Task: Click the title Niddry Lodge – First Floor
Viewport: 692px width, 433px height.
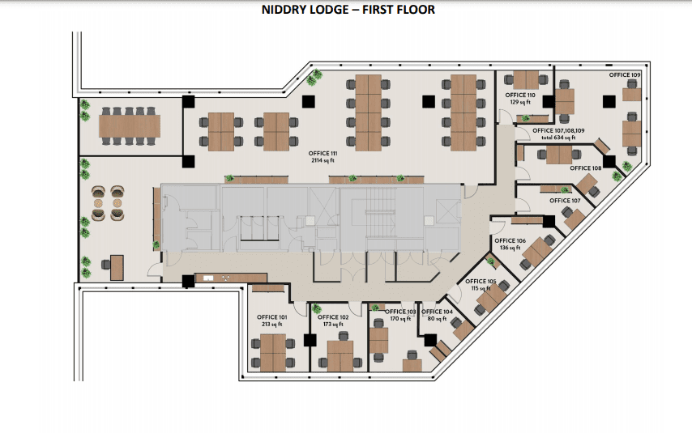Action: [348, 9]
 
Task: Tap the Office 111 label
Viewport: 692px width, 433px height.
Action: [323, 154]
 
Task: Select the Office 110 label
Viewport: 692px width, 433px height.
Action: [520, 96]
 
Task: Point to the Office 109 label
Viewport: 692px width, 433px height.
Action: [625, 75]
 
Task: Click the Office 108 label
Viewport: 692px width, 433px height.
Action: [586, 168]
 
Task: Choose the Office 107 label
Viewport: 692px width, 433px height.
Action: [565, 201]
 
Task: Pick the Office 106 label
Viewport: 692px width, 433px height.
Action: [510, 240]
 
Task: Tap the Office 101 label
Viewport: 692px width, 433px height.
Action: [272, 317]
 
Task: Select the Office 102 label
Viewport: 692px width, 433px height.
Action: [333, 317]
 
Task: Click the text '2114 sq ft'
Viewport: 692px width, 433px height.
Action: [323, 160]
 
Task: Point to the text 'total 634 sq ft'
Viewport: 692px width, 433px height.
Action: [558, 138]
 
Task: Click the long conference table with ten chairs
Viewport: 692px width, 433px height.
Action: [129, 126]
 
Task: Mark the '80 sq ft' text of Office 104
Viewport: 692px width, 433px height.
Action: [437, 319]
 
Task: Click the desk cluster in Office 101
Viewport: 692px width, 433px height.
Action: [273, 353]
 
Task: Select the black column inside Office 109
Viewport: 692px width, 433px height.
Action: [609, 101]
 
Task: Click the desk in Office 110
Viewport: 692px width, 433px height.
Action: [526, 80]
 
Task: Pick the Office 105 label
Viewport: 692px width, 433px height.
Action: [481, 282]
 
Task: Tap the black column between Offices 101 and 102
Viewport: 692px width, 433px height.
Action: [310, 340]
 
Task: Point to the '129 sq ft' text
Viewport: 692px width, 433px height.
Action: [520, 102]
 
